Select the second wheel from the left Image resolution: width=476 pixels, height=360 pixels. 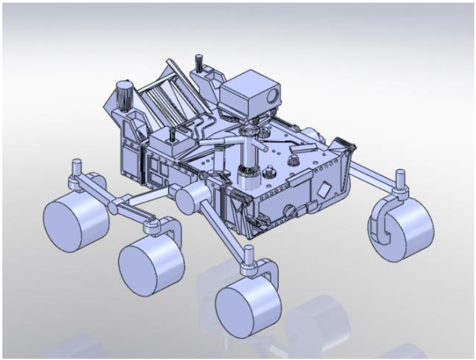coord(151,261)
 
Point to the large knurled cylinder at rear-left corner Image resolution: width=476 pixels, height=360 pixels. coord(125,95)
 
